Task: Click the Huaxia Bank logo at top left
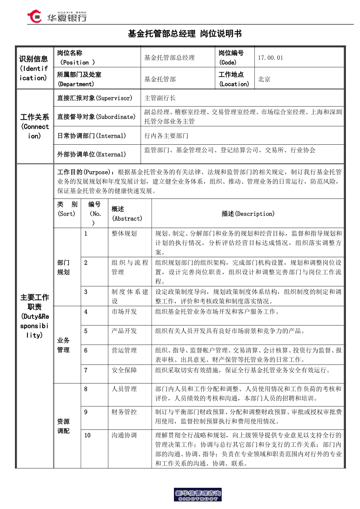coord(57,17)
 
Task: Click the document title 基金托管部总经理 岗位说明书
coord(185,34)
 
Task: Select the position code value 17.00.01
coord(270,58)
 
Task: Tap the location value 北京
coord(264,79)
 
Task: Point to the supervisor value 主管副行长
coord(160,98)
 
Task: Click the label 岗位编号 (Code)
coord(231,58)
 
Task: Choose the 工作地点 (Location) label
coord(233,79)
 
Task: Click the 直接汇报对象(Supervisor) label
coord(95,98)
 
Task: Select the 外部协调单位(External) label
coord(91,154)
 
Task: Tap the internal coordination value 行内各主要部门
coord(166,136)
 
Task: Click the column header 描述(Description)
coord(248,214)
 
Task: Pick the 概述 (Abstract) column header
coord(127,214)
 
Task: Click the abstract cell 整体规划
coord(124,234)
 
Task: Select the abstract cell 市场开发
coord(124,312)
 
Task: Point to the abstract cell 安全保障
coord(124,370)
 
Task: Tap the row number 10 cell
coord(88,436)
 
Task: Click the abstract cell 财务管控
coord(124,412)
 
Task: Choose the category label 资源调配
coord(63,426)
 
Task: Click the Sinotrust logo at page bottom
coord(198,495)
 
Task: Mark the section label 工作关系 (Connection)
coord(34,126)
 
